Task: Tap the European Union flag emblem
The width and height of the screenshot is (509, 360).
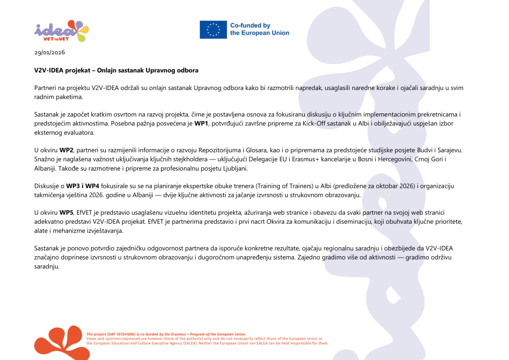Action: (213, 29)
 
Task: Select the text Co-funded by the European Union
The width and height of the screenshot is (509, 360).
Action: (259, 29)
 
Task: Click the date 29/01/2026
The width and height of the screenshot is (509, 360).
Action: (50, 52)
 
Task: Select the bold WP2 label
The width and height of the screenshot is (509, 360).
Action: (66, 150)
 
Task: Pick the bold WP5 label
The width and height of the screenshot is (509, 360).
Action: (66, 212)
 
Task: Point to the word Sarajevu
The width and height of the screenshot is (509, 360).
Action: (438, 150)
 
